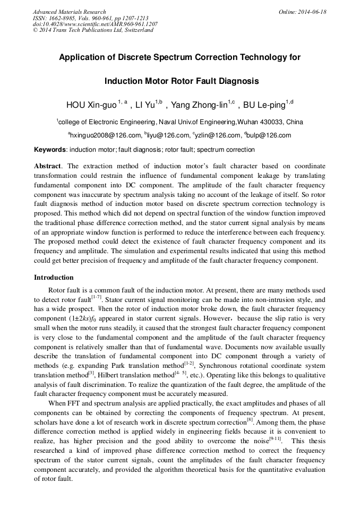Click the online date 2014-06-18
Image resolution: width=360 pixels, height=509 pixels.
[x=310, y=12]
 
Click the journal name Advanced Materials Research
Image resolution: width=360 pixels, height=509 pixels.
[x=69, y=12]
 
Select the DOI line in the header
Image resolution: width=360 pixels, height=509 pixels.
[x=95, y=24]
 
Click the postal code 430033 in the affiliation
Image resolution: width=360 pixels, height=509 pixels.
[x=275, y=122]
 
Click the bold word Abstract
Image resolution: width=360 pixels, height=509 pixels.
[x=48, y=166]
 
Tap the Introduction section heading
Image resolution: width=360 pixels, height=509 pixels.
[x=54, y=278]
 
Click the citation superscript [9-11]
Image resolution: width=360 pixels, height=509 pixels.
[x=275, y=439]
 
